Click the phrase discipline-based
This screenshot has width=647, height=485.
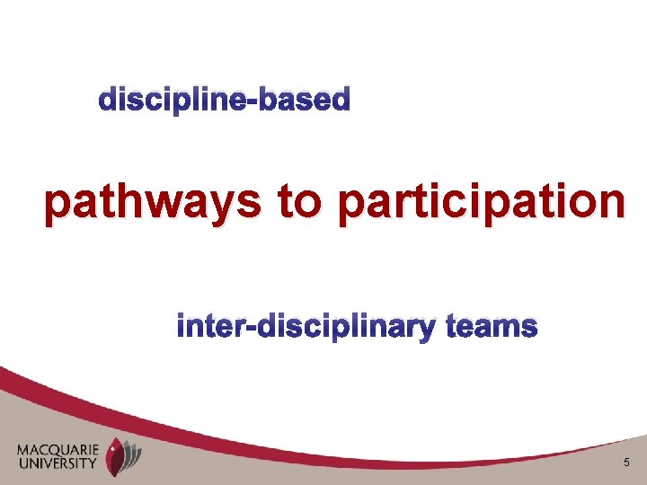[224, 100]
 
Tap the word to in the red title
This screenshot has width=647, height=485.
[298, 203]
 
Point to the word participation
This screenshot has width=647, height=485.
[480, 203]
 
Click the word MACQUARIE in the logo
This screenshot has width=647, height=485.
[58, 449]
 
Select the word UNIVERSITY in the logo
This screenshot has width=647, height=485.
[58, 463]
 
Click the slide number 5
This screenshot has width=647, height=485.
[625, 462]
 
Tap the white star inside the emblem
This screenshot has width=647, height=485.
[111, 450]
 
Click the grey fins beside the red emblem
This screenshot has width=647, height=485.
[134, 454]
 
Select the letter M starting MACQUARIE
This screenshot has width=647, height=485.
[23, 449]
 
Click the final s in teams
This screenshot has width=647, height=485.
[529, 327]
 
